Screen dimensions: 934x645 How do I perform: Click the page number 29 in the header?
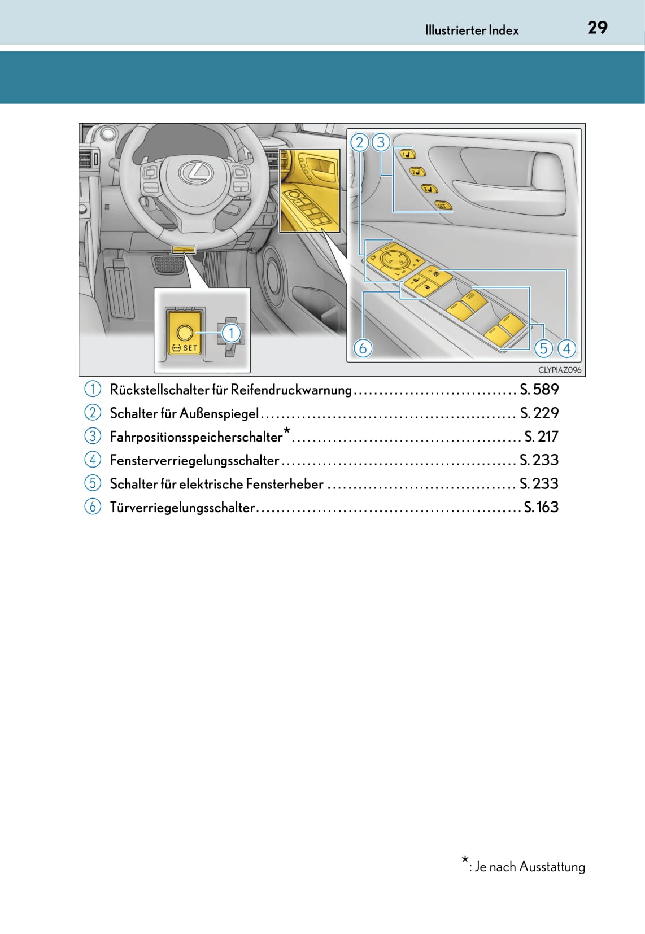click(597, 28)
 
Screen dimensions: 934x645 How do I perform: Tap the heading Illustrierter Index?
click(472, 30)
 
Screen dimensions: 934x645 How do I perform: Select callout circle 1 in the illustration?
click(230, 333)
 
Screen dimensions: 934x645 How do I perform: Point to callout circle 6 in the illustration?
click(363, 348)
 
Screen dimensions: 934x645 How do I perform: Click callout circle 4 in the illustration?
click(566, 348)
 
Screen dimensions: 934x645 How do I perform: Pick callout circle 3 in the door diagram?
click(381, 142)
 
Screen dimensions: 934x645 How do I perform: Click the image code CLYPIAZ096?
click(559, 370)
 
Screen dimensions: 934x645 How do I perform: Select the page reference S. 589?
click(539, 389)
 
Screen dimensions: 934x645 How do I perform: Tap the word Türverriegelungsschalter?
click(182, 508)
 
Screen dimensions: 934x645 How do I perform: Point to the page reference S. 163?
click(541, 507)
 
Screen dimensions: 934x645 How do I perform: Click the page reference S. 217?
click(541, 437)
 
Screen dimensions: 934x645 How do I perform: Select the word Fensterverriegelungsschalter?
click(194, 460)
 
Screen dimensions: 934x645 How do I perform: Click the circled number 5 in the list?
click(93, 483)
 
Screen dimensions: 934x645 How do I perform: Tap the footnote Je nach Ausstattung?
click(529, 866)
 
